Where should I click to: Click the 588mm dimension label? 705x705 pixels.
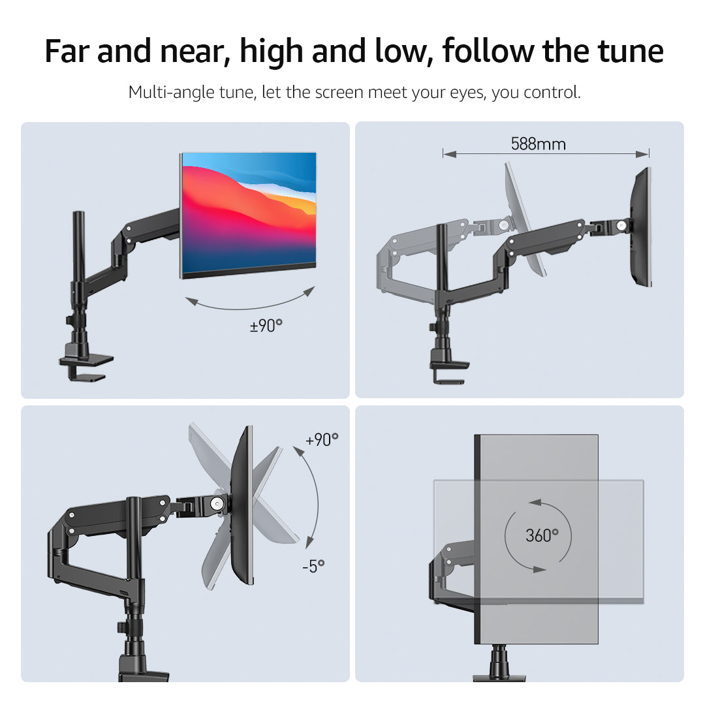(538, 144)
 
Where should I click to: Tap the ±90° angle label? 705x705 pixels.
(266, 326)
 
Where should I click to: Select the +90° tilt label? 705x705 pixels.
(322, 440)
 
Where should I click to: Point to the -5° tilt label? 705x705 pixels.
(313, 566)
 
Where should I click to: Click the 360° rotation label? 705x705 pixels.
(542, 535)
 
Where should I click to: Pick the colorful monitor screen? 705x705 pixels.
(249, 215)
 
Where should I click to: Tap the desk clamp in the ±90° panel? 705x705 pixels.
(86, 364)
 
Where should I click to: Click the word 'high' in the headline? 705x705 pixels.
(271, 52)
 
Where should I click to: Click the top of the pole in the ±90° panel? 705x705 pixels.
(79, 213)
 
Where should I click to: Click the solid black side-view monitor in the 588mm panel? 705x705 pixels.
(641, 227)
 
